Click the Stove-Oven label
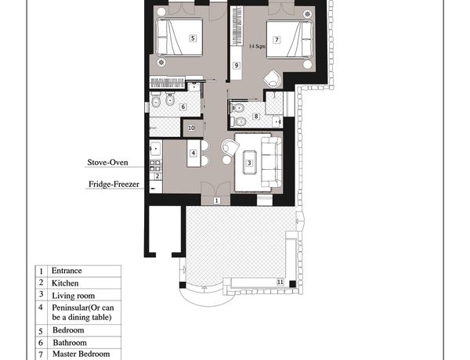(x=107, y=162)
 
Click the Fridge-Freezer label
(x=114, y=184)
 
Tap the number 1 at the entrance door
(x=216, y=200)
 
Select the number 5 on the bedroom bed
(x=193, y=38)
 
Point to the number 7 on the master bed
(x=277, y=40)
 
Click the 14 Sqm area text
(x=257, y=46)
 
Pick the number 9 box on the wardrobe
(x=237, y=65)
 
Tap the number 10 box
(x=191, y=128)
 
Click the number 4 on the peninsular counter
(x=193, y=153)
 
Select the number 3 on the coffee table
(x=249, y=163)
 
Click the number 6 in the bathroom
(x=183, y=106)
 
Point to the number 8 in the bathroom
(x=255, y=116)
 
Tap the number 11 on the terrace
(x=280, y=282)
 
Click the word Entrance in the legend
(x=67, y=271)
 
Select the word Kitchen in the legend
(x=65, y=283)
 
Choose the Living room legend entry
(x=74, y=296)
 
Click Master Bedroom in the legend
(x=81, y=354)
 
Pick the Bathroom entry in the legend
(x=70, y=343)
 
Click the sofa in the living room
(x=271, y=162)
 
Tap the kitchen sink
(x=156, y=148)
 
